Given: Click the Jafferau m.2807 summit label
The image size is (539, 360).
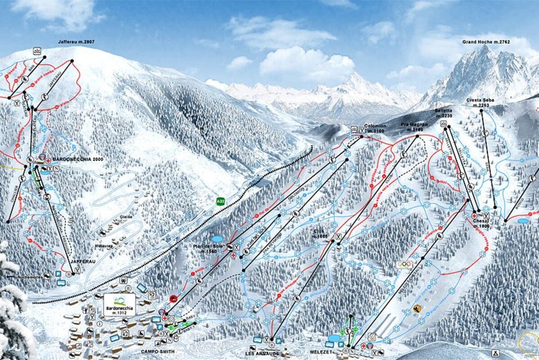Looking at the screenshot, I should tap(76, 42).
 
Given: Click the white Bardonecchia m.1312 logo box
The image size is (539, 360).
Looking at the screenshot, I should tap(119, 304).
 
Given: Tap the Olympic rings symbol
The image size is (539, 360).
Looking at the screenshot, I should tap(404, 265).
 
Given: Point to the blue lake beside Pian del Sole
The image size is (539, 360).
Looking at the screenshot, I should tap(217, 239).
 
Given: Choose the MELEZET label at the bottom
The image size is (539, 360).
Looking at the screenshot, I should tap(320, 353).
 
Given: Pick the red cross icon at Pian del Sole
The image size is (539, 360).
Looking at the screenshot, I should tap(234, 255).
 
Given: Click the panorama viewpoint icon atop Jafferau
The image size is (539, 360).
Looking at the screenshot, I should tap(36, 51).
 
